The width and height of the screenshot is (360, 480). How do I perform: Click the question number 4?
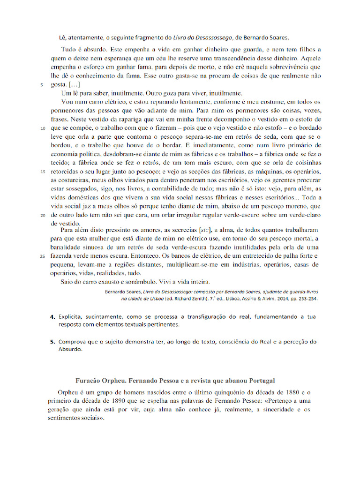53,317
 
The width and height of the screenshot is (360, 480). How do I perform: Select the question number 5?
53,342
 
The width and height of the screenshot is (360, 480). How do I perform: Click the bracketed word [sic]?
205,230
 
